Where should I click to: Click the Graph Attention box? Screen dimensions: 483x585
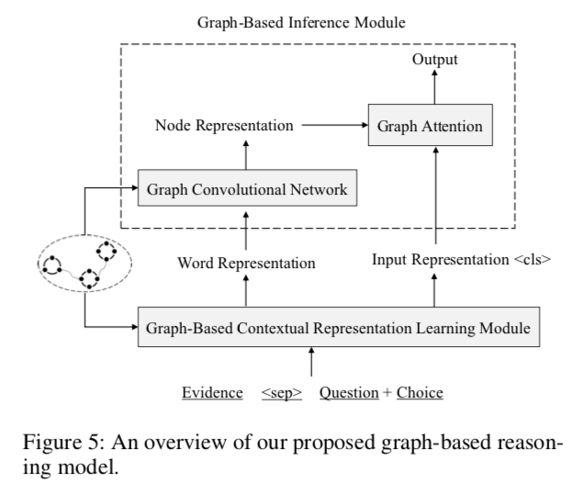430,127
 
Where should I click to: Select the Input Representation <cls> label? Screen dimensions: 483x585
461,259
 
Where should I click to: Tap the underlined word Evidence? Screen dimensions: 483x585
209,393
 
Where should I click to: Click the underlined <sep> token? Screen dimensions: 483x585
282,393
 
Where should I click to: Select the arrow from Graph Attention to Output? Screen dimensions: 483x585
432,90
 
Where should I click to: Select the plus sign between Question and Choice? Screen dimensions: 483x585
387,393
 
